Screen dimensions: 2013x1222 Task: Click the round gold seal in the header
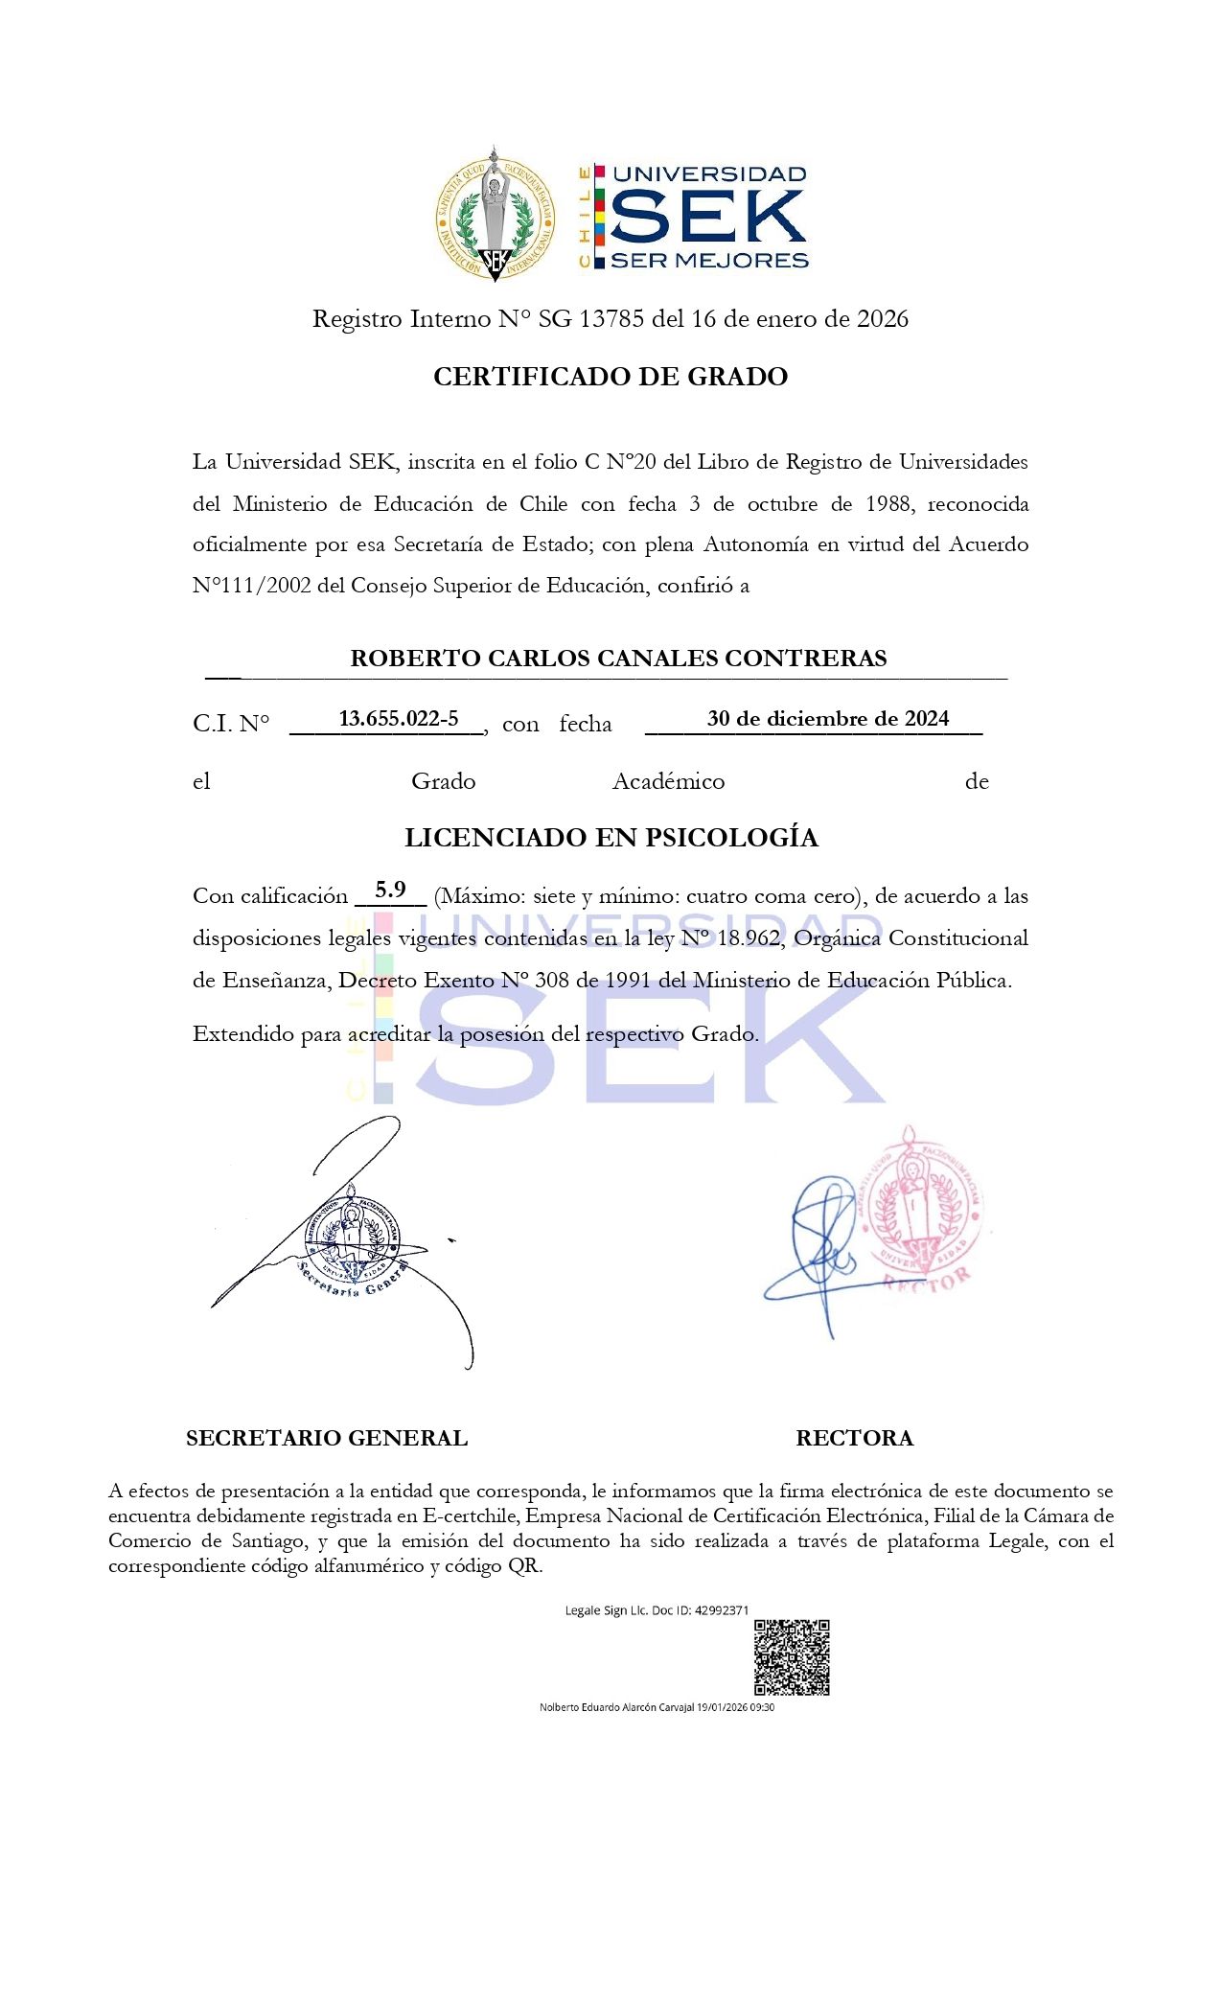point(495,218)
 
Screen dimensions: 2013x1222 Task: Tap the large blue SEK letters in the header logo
point(708,217)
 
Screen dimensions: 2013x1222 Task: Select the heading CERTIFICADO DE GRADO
point(611,377)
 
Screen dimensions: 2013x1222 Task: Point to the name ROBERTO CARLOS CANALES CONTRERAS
point(618,659)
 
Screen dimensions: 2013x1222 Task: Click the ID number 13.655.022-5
point(399,719)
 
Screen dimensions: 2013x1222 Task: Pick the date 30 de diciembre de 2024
point(828,719)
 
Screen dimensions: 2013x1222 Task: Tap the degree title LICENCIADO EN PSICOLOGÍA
point(611,838)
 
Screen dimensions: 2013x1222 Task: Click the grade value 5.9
point(390,890)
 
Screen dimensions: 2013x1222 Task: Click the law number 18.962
point(749,938)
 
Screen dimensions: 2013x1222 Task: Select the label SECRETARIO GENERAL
point(327,1438)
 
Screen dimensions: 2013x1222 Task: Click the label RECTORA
point(854,1438)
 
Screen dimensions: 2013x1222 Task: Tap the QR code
point(792,1657)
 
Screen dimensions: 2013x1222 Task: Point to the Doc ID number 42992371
point(722,1610)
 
